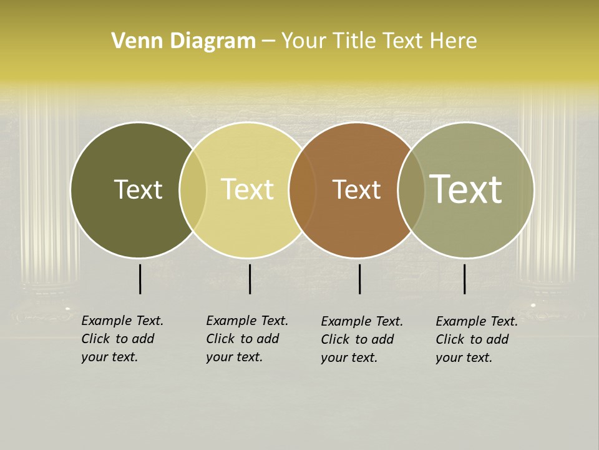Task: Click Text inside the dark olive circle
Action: click(x=138, y=189)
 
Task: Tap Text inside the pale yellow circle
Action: click(x=247, y=189)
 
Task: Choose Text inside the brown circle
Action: click(x=356, y=189)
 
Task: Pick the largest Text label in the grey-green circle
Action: click(x=465, y=189)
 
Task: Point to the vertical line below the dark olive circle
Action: click(x=140, y=279)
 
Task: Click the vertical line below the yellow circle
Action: click(x=250, y=279)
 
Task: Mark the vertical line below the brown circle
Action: click(x=359, y=279)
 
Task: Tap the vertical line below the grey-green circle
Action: click(x=464, y=279)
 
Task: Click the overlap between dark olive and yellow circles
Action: click(x=193, y=189)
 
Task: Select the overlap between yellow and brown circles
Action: click(x=302, y=189)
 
